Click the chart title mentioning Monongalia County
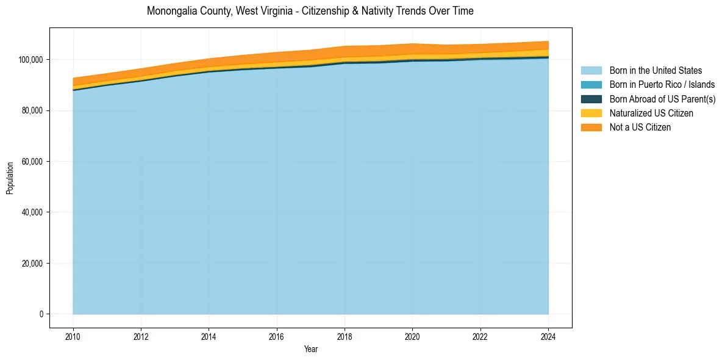310,11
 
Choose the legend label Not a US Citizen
640,127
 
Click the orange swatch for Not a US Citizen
591,127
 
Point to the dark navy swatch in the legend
591,99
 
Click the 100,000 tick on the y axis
30,60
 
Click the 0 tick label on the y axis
41,314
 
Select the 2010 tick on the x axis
73,336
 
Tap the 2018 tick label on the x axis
345,336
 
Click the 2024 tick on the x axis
548,336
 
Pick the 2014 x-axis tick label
209,336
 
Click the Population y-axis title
10,178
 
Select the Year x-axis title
310,350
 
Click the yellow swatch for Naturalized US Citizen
591,113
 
